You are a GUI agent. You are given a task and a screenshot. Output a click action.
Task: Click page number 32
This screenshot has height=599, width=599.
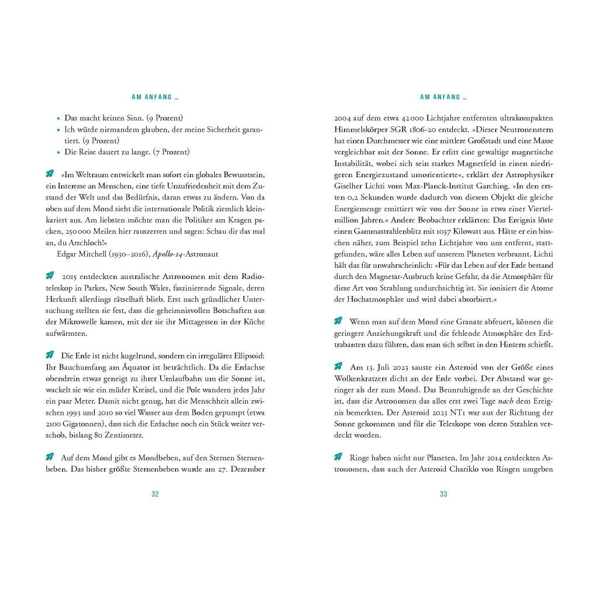pyautogui.click(x=155, y=494)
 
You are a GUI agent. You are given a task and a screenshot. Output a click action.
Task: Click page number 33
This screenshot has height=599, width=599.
pyautogui.click(x=443, y=494)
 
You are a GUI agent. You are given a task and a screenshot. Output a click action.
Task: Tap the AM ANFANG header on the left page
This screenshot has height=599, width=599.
pyautogui.click(x=155, y=97)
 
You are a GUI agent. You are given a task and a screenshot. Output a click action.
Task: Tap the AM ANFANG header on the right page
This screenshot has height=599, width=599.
pyautogui.click(x=443, y=97)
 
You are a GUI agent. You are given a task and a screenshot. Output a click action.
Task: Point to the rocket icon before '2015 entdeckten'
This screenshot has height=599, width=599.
pyautogui.click(x=50, y=276)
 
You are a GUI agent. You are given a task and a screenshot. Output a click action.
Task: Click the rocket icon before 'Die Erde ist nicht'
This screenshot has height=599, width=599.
pyautogui.click(x=50, y=355)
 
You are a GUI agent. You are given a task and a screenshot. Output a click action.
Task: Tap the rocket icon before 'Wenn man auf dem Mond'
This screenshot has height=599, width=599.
pyautogui.click(x=338, y=321)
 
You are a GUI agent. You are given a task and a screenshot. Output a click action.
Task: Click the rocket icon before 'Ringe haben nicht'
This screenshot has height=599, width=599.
pyautogui.click(x=338, y=457)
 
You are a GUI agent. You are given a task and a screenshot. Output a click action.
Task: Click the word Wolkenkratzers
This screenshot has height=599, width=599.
pyautogui.click(x=358, y=378)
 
